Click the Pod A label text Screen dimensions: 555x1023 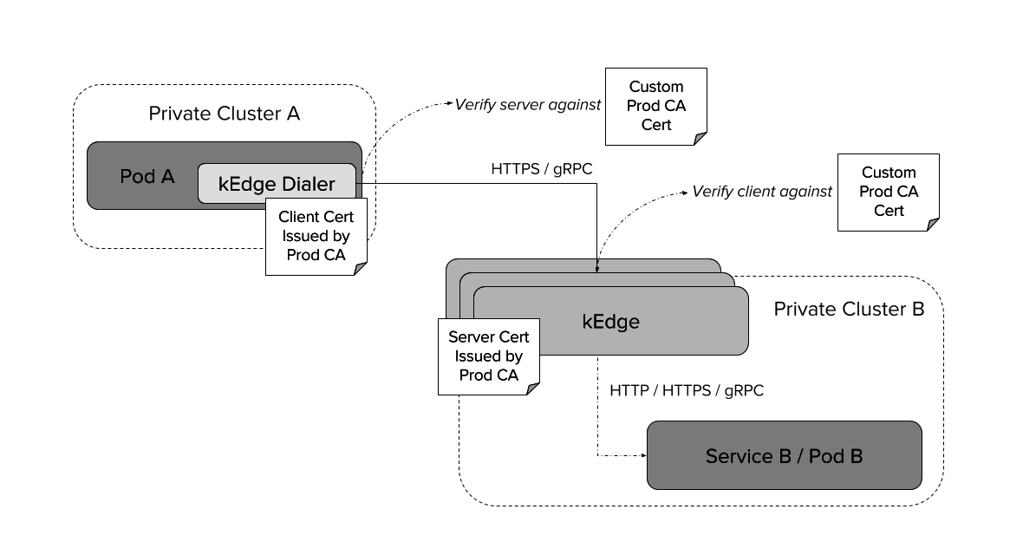tap(147, 177)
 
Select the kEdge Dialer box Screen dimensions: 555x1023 tap(277, 184)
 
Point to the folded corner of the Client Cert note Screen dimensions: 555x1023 tap(361, 269)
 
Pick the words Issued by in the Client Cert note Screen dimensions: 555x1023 tap(316, 236)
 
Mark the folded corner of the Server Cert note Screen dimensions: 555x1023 tap(533, 388)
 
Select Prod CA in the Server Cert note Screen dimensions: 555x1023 tap(489, 375)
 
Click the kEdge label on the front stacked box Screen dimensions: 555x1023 tap(610, 322)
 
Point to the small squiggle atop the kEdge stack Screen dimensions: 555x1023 tap(596, 265)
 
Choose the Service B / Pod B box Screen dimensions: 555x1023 tap(784, 455)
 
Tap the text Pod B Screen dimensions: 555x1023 tap(836, 456)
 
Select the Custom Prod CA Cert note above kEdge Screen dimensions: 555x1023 tap(655, 106)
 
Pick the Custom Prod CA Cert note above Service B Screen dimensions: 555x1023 tap(888, 192)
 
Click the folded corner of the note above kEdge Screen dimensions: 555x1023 tap(700, 139)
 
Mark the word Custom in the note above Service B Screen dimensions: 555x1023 tap(888, 173)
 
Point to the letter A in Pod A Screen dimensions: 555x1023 tap(166, 177)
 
